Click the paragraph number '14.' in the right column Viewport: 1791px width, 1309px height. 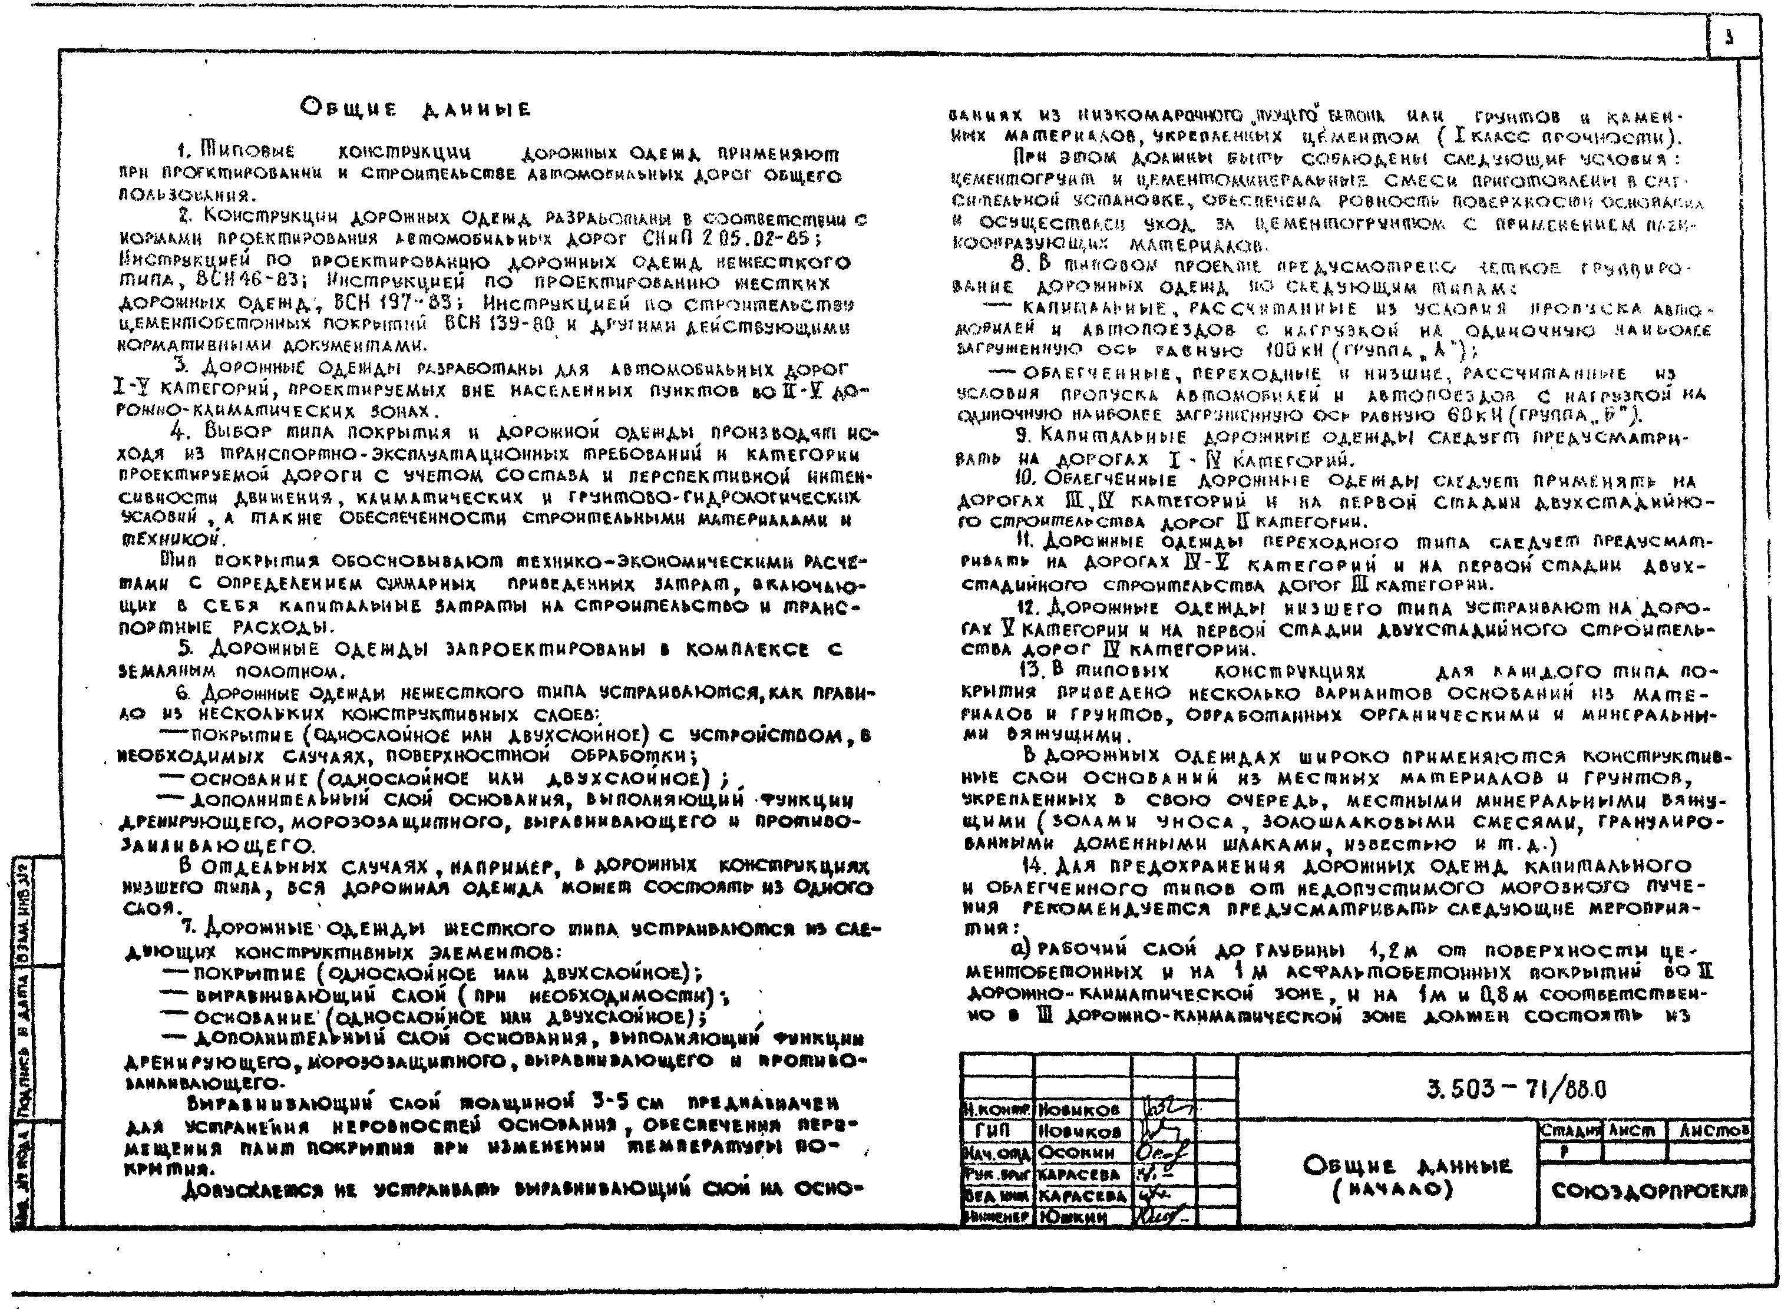(1036, 866)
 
